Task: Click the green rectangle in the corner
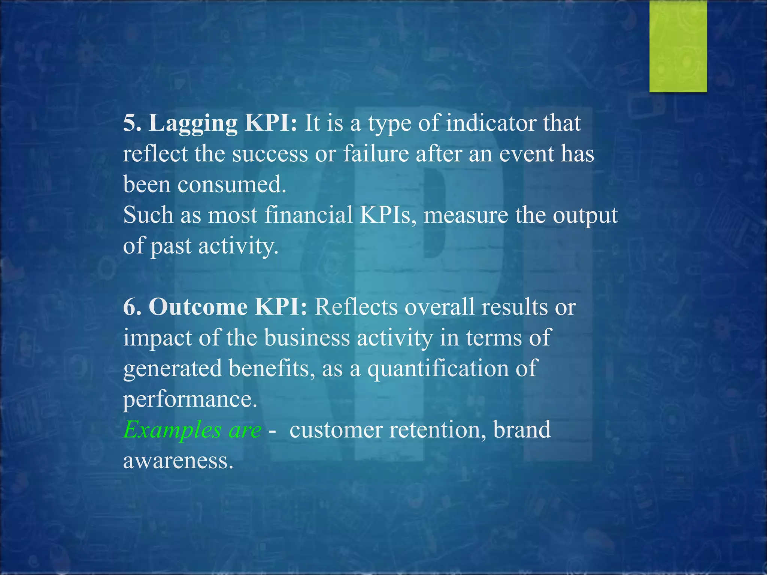pos(678,46)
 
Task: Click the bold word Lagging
pos(193,124)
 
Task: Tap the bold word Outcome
pos(198,307)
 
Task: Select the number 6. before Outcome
pos(132,307)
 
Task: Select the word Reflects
pos(356,307)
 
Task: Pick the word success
pos(270,154)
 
